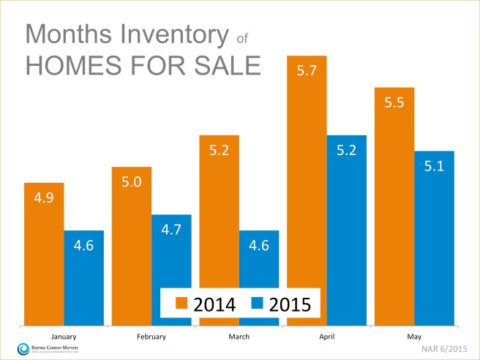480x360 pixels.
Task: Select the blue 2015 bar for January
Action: tap(83, 278)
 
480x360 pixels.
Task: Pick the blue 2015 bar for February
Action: tap(170, 270)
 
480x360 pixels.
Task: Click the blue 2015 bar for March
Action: tap(258, 278)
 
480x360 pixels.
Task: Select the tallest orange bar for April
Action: tap(306, 190)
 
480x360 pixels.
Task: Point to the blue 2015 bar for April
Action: tap(346, 230)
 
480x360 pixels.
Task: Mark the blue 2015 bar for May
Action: tap(433, 238)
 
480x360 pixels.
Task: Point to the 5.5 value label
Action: tap(394, 103)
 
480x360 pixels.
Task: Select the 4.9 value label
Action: tap(44, 199)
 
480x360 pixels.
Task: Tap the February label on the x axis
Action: tap(151, 337)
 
